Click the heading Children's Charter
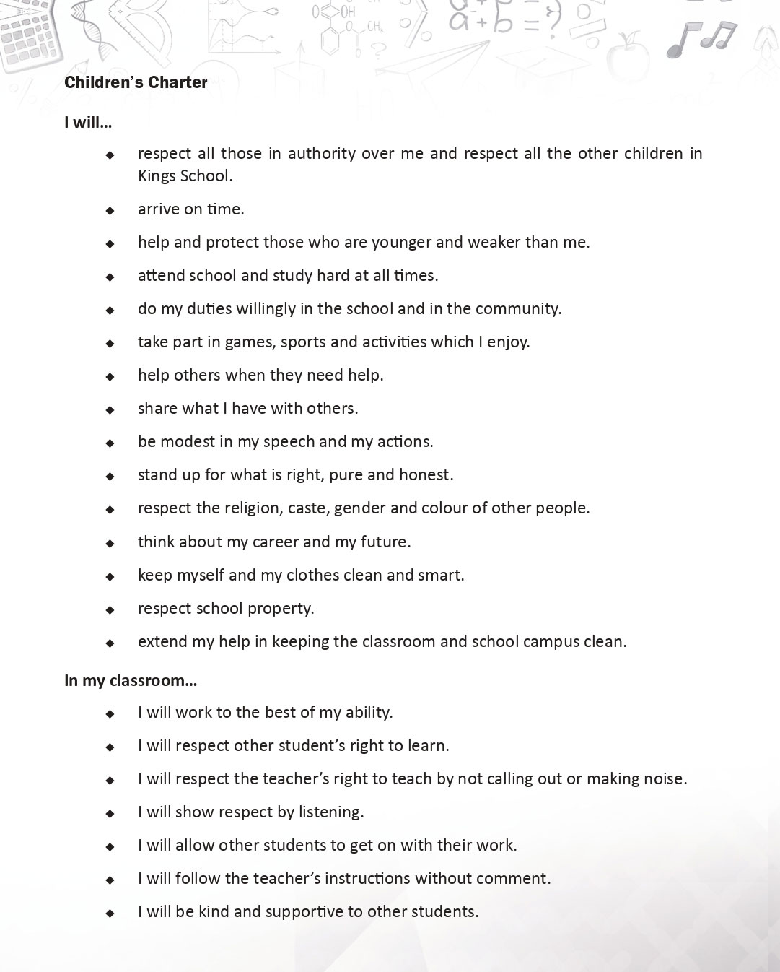136,82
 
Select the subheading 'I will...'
87,122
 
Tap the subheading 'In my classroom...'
130,680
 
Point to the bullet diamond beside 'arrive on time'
110,210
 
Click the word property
282,609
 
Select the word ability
369,713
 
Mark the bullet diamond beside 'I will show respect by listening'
110,813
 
